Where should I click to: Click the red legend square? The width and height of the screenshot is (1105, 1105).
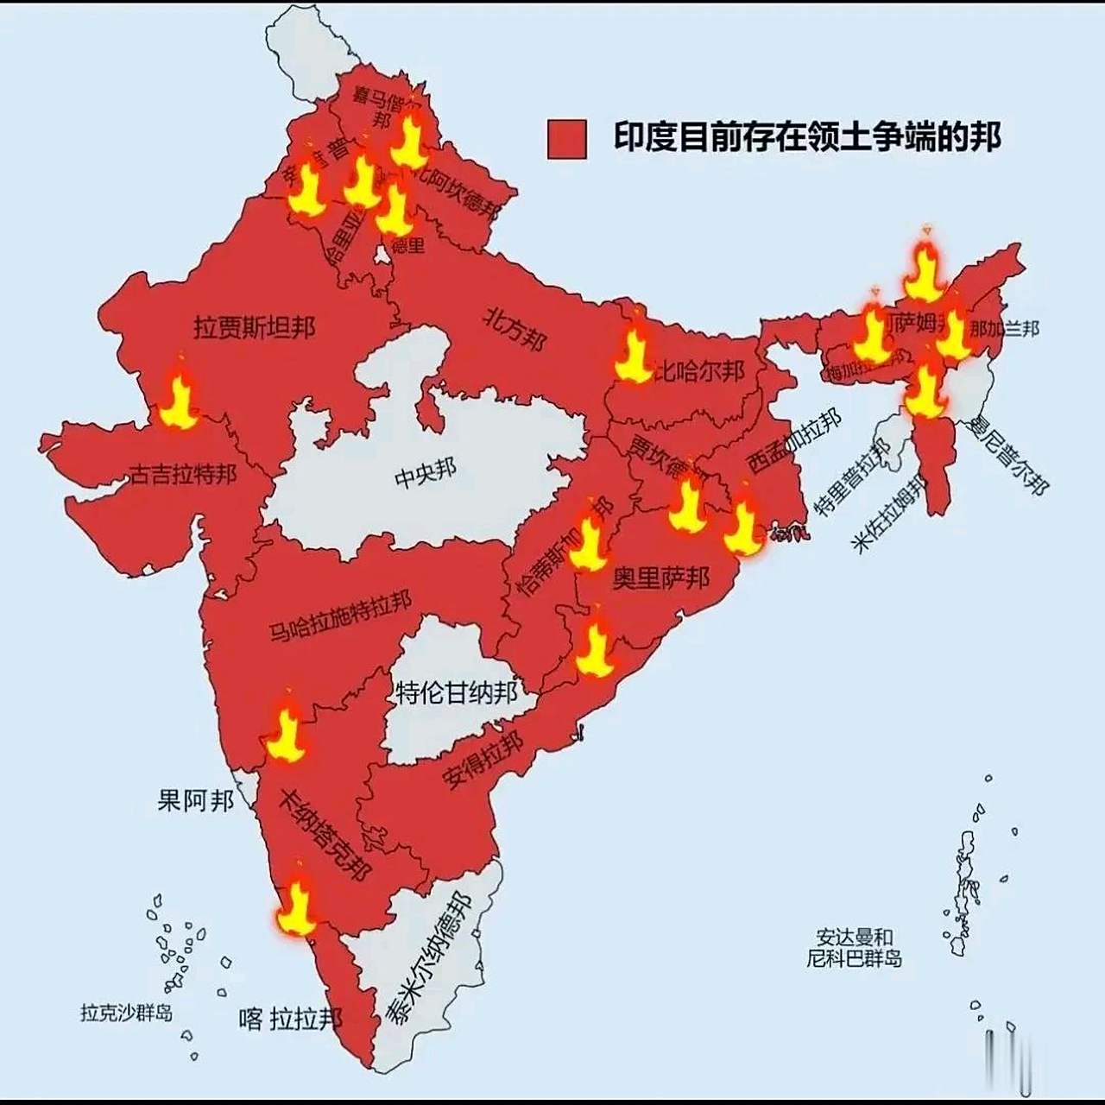pyautogui.click(x=566, y=139)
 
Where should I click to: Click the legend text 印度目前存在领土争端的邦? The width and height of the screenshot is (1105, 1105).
pyautogui.click(x=807, y=137)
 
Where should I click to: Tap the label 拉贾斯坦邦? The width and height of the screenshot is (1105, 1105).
pyautogui.click(x=254, y=327)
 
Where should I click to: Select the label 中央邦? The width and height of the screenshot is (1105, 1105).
pyautogui.click(x=425, y=473)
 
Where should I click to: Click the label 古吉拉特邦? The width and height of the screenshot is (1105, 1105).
pyautogui.click(x=183, y=473)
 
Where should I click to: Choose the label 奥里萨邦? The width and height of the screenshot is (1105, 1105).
pyautogui.click(x=660, y=578)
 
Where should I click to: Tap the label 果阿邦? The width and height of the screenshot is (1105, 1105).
pyautogui.click(x=195, y=800)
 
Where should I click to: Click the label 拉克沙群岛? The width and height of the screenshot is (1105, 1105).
pyautogui.click(x=126, y=1012)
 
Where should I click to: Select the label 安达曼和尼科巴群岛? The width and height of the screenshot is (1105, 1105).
pyautogui.click(x=854, y=948)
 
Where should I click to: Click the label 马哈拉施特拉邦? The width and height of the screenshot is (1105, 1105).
pyautogui.click(x=340, y=616)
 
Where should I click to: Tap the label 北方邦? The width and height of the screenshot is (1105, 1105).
pyautogui.click(x=515, y=329)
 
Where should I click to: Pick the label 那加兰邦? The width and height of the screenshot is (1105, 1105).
pyautogui.click(x=1004, y=329)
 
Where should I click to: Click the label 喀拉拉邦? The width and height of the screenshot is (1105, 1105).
pyautogui.click(x=291, y=1019)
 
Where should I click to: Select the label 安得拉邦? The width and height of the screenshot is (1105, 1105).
pyautogui.click(x=483, y=760)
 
